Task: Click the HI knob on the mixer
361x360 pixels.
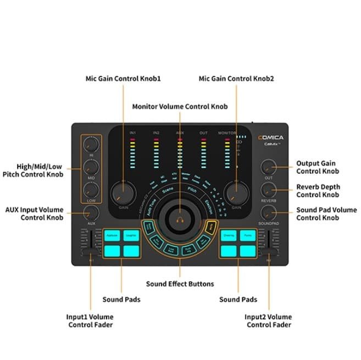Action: (92, 145)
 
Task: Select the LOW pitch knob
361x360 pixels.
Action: (92, 191)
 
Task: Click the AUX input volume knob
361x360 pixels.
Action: (92, 213)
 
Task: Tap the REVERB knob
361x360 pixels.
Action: (268, 190)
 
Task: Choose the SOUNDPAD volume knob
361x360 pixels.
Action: (268, 213)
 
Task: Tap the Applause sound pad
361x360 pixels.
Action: (112, 235)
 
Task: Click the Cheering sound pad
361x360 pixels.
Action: (229, 235)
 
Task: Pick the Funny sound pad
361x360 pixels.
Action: (248, 235)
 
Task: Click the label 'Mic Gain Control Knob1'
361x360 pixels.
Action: (123, 79)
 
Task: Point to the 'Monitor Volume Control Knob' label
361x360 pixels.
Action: (180, 106)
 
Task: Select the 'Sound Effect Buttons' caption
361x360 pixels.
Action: (180, 284)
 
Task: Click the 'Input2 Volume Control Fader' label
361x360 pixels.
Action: (269, 321)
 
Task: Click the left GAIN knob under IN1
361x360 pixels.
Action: (123, 193)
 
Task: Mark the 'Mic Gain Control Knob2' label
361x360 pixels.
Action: (236, 79)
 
